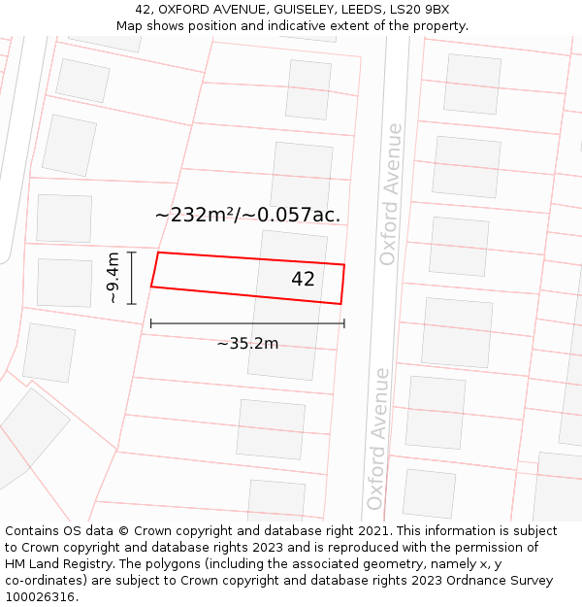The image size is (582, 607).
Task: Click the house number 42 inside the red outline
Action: coord(303,279)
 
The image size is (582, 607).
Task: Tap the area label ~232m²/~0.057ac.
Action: coord(247,215)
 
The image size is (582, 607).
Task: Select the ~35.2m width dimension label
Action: coord(247,343)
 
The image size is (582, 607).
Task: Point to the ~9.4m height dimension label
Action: coord(113,278)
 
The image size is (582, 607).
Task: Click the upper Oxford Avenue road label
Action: coord(390,194)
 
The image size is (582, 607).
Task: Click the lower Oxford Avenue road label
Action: coord(377,439)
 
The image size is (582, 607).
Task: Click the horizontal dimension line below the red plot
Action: coord(247,323)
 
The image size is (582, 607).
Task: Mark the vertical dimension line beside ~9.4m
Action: coord(132,278)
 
